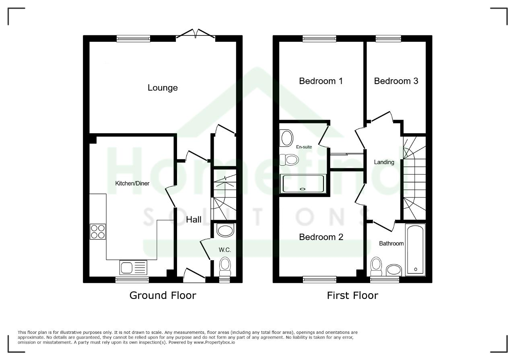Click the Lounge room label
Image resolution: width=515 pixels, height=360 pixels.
tap(163, 88)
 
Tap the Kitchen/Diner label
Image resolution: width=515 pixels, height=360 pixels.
tap(132, 183)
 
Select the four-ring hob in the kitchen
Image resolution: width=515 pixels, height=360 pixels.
tap(98, 232)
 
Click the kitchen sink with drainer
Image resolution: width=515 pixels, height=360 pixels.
tap(133, 267)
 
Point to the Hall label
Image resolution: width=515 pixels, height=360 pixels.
tap(194, 220)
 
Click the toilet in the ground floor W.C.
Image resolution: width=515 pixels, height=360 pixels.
tap(225, 267)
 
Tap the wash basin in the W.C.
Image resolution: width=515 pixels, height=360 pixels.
tap(225, 230)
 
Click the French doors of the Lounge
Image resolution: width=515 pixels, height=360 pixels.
tap(196, 34)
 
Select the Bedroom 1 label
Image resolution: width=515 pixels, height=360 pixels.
tap(321, 81)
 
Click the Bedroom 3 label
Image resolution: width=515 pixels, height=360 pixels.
tap(396, 81)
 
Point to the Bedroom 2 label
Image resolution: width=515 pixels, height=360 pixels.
tap(321, 237)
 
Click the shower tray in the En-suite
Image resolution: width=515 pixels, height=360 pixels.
tap(303, 184)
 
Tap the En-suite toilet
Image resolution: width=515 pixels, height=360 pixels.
tap(289, 160)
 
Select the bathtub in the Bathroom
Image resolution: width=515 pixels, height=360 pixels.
tap(416, 250)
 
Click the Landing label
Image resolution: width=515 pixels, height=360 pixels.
tap(384, 162)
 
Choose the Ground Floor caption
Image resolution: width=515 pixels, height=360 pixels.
tap(163, 295)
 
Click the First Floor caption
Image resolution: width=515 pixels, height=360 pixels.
tap(352, 295)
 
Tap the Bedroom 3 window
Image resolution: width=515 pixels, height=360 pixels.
tap(388, 38)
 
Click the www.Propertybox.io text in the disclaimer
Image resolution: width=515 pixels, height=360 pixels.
tap(214, 343)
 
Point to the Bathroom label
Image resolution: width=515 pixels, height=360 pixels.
tap(391, 243)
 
